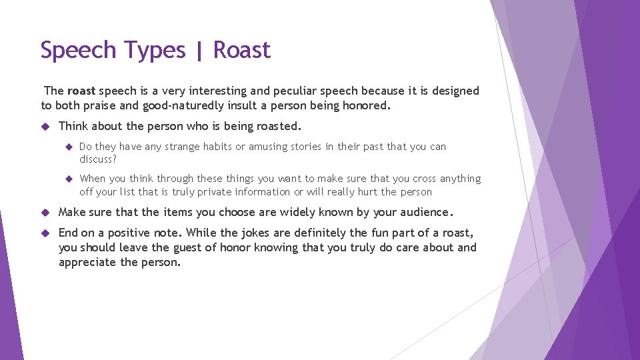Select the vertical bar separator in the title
point(199,51)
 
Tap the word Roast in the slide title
point(242,50)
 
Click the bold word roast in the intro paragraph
point(81,91)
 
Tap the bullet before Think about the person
point(45,126)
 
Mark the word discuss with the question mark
point(98,159)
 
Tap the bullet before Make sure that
point(45,213)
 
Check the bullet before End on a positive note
point(45,233)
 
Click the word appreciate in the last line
point(87,262)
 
